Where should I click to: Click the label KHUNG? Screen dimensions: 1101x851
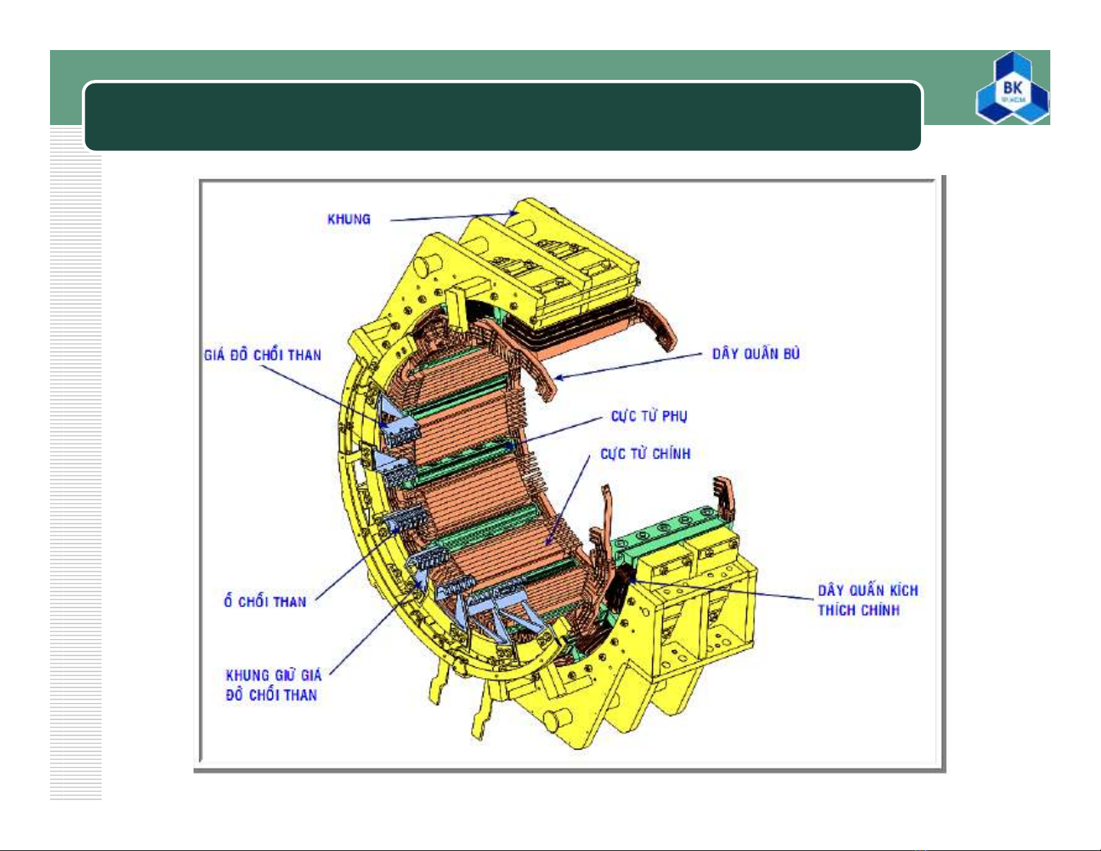coord(349,220)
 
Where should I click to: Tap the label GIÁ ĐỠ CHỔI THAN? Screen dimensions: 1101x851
coord(263,354)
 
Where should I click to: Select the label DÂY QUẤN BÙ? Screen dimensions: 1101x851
coord(756,353)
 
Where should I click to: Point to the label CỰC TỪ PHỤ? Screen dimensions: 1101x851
coord(649,416)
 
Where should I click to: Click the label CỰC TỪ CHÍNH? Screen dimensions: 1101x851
coord(645,454)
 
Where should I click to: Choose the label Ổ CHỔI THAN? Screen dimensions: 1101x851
coord(265,601)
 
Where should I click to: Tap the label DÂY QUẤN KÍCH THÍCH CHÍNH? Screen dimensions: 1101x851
coord(868,600)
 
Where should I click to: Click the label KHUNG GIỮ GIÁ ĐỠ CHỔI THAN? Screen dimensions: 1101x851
coord(273,685)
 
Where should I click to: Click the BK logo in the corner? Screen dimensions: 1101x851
coord(1012,88)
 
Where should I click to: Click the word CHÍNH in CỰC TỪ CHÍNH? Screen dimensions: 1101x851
coord(671,454)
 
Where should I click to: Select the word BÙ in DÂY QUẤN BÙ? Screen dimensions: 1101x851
coord(791,353)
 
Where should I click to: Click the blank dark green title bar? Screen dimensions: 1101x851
coord(502,117)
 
